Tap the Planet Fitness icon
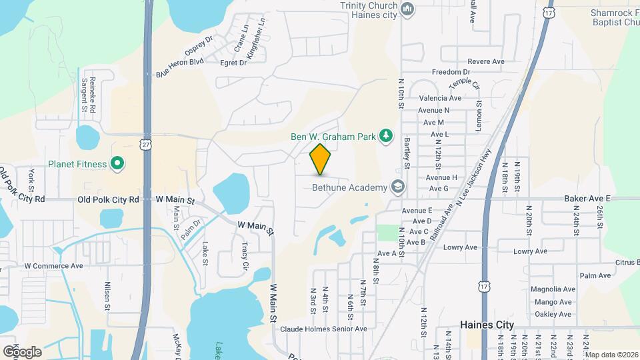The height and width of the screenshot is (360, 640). click(x=117, y=163)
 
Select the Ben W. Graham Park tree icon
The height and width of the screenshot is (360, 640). click(x=385, y=136)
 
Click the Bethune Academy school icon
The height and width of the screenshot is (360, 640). click(x=398, y=187)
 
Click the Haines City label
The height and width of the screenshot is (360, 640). click(x=487, y=325)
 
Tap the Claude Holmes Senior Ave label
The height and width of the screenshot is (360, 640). click(x=323, y=329)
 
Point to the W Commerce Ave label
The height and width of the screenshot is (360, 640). click(x=53, y=265)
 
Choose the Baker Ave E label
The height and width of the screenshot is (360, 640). click(x=587, y=198)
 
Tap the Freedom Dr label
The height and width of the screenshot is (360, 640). click(x=451, y=72)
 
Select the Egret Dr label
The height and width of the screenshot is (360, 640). click(x=233, y=63)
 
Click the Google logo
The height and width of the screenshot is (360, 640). click(x=22, y=351)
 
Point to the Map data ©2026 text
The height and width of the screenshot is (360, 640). click(x=611, y=355)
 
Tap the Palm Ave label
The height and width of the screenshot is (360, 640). click(x=595, y=275)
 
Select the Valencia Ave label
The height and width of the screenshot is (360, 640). click(x=441, y=98)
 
